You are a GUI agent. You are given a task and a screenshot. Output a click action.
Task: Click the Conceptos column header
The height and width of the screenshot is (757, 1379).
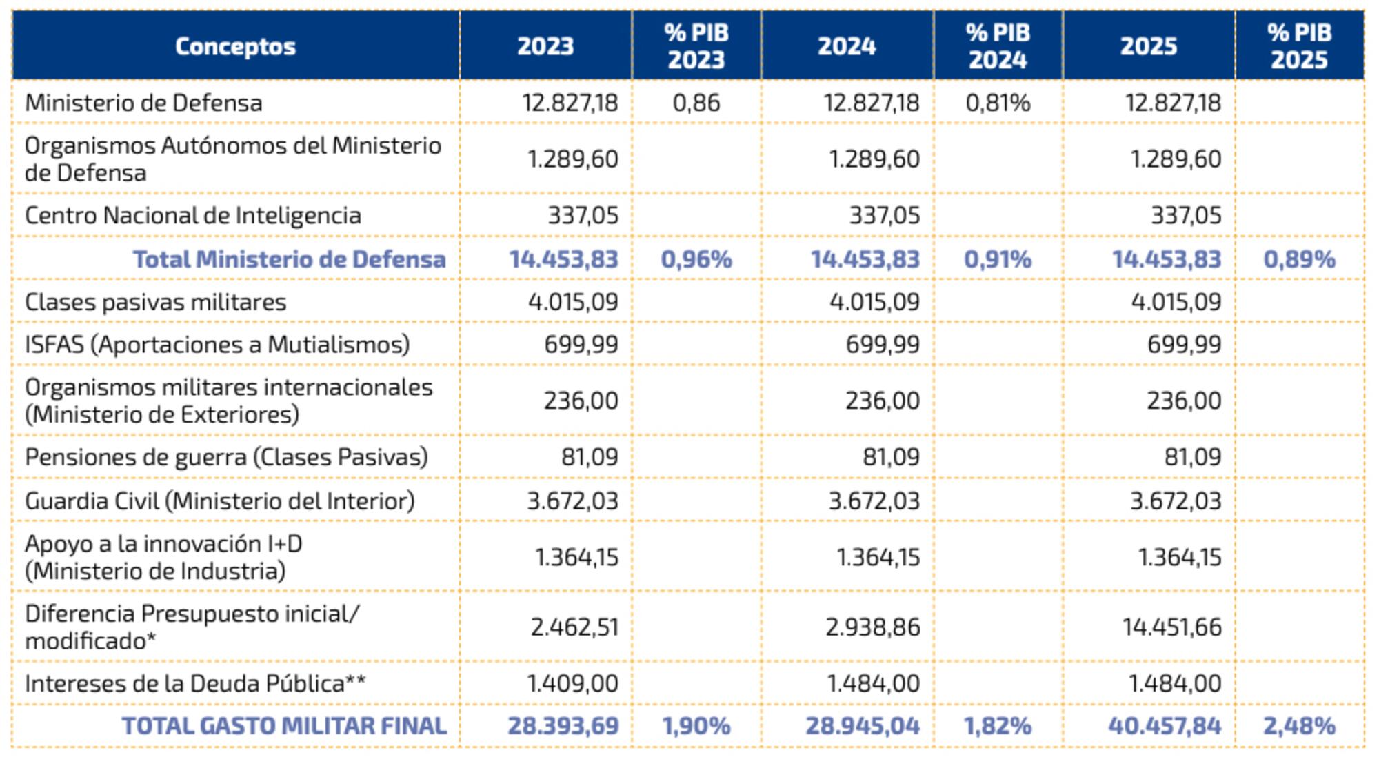click(235, 46)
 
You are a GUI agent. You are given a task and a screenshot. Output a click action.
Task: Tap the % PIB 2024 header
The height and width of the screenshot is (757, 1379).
click(998, 46)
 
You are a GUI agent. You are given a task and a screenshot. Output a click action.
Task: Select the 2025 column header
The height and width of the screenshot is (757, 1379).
click(1148, 46)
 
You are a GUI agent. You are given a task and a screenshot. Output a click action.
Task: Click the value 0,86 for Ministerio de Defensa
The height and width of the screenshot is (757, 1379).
click(696, 103)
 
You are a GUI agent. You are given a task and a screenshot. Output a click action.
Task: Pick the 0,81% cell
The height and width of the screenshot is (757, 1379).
click(998, 103)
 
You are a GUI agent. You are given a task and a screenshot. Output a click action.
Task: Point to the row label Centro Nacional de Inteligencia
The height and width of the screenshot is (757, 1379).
click(193, 215)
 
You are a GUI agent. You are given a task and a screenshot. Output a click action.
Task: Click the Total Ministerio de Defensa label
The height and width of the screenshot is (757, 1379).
click(289, 259)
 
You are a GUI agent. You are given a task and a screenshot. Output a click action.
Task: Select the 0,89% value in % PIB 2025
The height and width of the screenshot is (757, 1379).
click(1299, 259)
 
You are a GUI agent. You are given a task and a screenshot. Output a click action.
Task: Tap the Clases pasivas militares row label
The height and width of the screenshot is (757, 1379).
click(155, 302)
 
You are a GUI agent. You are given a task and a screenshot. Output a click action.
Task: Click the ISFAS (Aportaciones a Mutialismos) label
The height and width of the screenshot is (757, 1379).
click(217, 344)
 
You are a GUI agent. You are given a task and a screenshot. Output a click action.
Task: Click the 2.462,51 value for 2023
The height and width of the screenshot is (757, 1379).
click(574, 627)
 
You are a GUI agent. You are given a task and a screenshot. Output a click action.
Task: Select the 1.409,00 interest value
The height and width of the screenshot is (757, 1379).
click(572, 683)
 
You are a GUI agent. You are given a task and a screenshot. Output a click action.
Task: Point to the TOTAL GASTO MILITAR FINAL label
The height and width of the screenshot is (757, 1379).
click(284, 726)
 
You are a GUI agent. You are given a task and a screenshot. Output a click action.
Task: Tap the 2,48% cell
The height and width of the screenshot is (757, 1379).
click(1299, 726)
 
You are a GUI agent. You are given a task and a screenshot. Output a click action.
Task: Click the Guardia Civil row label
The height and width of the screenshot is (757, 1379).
click(219, 501)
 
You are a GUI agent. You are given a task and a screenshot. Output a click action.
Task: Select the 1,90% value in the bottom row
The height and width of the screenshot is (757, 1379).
click(696, 726)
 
